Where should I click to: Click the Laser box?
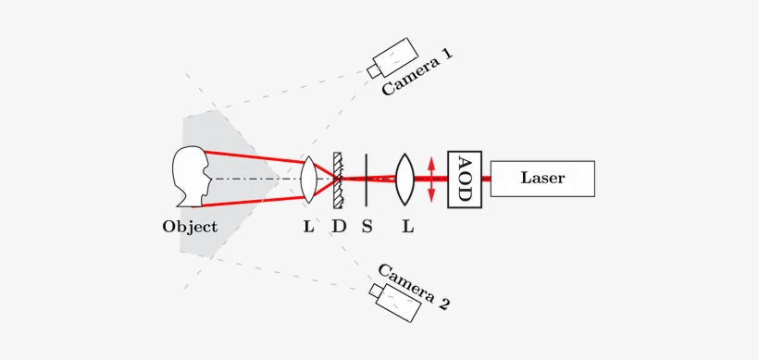click(x=542, y=178)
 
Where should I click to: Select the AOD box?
click(x=464, y=178)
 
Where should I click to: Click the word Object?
click(x=190, y=227)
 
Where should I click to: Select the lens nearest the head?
click(x=309, y=179)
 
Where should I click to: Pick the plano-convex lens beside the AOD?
click(x=404, y=179)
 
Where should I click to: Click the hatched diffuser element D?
click(x=339, y=178)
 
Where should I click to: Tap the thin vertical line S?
click(x=367, y=178)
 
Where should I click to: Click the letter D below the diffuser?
click(x=340, y=227)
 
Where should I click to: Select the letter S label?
click(x=367, y=227)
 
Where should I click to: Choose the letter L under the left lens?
click(x=309, y=227)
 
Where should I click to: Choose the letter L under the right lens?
click(x=407, y=227)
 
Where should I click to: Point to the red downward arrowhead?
click(x=431, y=196)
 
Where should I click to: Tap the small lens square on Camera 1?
click(x=373, y=69)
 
